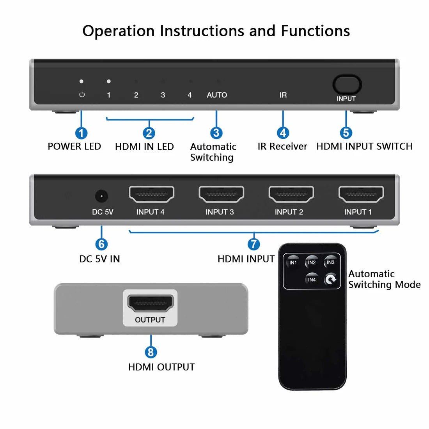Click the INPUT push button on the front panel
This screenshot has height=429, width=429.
347,85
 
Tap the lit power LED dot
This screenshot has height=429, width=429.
81,81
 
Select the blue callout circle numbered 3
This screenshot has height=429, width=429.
216,133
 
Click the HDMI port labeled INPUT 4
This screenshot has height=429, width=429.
151,194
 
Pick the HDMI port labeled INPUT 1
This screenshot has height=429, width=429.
361,194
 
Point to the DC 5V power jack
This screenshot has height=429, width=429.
101,196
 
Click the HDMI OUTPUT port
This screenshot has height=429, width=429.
151,303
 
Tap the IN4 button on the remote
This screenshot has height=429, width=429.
312,279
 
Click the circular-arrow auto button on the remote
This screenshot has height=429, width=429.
331,279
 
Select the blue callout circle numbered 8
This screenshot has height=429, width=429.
151,352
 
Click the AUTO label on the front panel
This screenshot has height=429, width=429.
217,95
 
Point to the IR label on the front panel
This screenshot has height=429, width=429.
283,95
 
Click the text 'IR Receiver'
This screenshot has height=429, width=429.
282,146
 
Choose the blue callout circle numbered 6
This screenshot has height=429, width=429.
101,244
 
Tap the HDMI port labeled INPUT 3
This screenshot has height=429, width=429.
221,194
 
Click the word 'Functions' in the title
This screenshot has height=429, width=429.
315,31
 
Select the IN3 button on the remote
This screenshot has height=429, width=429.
331,262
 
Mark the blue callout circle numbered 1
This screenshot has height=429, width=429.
81,133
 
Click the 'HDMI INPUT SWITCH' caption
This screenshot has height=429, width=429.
364,146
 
